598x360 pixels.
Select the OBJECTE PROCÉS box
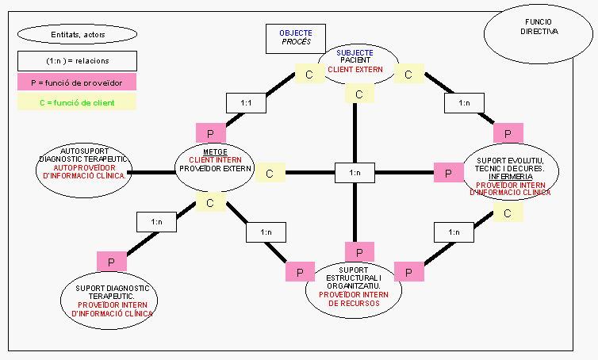(x=295, y=37)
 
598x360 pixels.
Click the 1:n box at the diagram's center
(x=355, y=172)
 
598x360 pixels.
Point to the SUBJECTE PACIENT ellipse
(x=358, y=62)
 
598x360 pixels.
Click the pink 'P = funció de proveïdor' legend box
(x=76, y=81)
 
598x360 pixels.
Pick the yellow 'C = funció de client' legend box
(x=76, y=101)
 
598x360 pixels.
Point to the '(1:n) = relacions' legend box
(x=76, y=60)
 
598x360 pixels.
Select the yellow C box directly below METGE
(x=210, y=203)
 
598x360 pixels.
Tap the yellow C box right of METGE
(x=270, y=173)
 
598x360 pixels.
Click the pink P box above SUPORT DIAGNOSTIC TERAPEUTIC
(x=111, y=260)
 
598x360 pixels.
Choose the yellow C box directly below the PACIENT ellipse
(x=359, y=94)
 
